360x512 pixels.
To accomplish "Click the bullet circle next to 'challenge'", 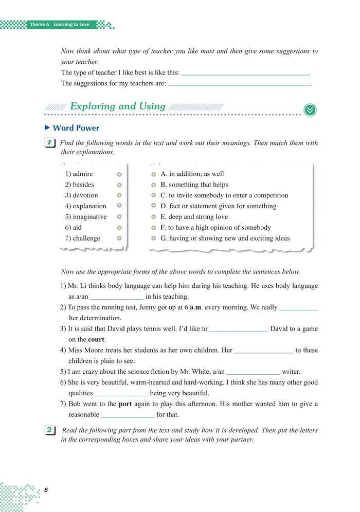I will pos(119,239).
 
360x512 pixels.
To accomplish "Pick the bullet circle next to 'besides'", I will pos(119,185).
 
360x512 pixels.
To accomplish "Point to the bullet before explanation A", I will pos(154,174).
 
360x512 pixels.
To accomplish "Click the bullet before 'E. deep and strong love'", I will pos(154,217).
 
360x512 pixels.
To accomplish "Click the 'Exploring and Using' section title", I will pos(117,107).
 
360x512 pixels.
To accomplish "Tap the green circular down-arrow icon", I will pos(310,109).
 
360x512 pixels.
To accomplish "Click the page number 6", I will pos(46,489).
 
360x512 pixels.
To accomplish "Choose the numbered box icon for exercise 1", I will pos(50,143).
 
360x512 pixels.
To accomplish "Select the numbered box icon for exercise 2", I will pos(50,430).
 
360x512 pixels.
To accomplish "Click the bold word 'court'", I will pos(96,340).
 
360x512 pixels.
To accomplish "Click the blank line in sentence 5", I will pos(253,372).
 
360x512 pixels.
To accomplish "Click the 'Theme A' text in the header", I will pos(39,24).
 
